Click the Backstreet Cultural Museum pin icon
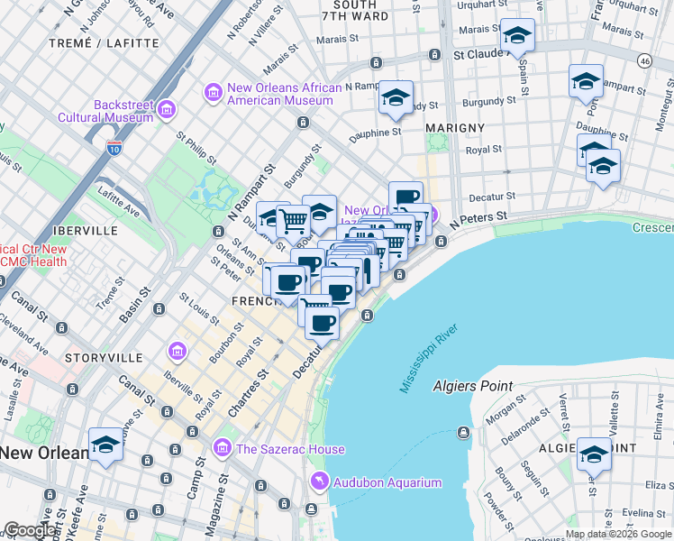click(x=166, y=110)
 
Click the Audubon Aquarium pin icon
click(x=318, y=482)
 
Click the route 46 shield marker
click(x=643, y=60)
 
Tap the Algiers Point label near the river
click(x=472, y=386)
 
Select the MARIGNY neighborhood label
click(x=455, y=128)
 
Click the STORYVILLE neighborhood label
click(x=104, y=358)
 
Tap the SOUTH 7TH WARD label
click(x=354, y=11)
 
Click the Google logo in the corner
click(x=30, y=530)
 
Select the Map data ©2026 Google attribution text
click(x=618, y=534)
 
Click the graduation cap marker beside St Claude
click(x=517, y=36)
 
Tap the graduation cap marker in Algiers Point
click(x=594, y=455)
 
